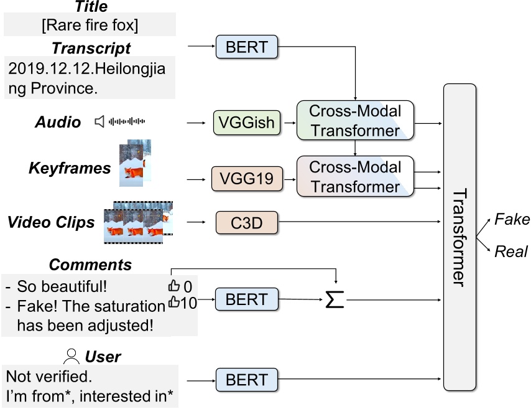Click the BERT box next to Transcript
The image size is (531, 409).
click(x=246, y=47)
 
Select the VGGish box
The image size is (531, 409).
click(x=247, y=122)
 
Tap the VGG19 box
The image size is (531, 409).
click(x=246, y=179)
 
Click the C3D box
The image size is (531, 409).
click(x=247, y=222)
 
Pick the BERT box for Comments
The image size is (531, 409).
click(x=246, y=299)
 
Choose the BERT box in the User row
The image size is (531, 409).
click(x=246, y=380)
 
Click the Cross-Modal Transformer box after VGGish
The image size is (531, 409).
click(x=355, y=121)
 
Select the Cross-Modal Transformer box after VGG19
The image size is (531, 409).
click(x=355, y=177)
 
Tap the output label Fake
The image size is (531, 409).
click(x=511, y=219)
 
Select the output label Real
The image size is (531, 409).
click(x=510, y=252)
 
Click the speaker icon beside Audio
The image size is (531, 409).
click(x=99, y=121)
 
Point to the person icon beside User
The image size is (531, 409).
click(x=73, y=356)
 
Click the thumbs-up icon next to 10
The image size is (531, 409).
click(x=173, y=303)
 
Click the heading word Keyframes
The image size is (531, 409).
click(x=70, y=167)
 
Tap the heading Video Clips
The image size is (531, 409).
click(x=52, y=222)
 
